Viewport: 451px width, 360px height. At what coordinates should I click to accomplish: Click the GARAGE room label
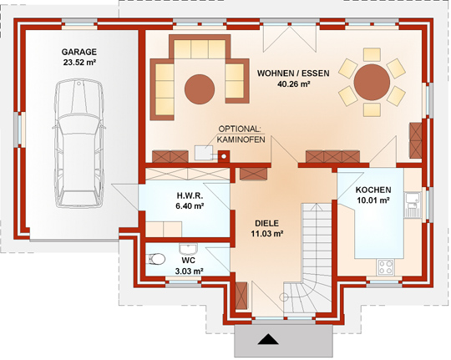click(79, 52)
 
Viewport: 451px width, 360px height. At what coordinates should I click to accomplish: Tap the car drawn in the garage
click(79, 143)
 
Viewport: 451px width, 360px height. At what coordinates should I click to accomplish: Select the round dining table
click(372, 82)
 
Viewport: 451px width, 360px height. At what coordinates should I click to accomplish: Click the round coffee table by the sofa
click(200, 89)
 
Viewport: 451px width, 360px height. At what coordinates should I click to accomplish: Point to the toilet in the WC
click(156, 259)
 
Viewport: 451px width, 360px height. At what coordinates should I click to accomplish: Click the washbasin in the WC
click(188, 249)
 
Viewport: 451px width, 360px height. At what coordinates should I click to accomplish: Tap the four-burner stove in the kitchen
click(386, 266)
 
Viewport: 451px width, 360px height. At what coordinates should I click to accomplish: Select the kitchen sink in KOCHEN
click(413, 205)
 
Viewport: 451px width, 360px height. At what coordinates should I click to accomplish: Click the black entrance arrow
click(268, 339)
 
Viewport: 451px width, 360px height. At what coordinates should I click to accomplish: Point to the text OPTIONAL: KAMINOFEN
click(241, 134)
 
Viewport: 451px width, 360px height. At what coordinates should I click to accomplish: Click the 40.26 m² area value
click(293, 84)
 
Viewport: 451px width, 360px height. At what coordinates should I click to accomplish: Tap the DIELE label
click(266, 223)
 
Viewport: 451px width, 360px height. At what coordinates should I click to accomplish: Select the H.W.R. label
click(190, 196)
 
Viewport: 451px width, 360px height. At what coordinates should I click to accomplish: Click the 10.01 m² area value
click(373, 200)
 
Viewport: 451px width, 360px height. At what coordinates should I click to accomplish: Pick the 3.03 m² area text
click(190, 271)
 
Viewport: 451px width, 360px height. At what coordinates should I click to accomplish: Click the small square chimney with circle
click(224, 156)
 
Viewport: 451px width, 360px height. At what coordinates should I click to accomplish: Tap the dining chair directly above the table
click(372, 54)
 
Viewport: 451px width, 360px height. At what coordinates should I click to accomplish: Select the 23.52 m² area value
click(79, 63)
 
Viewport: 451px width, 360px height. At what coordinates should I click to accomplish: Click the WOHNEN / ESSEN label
click(293, 74)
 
